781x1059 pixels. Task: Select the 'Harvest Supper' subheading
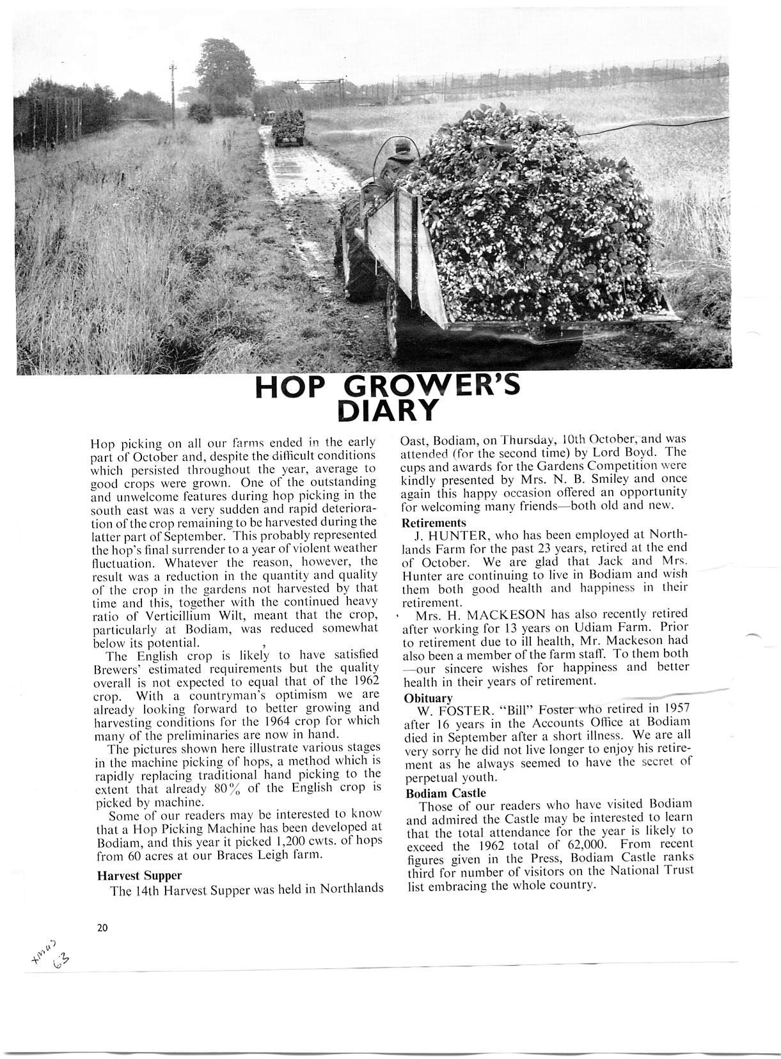(x=139, y=875)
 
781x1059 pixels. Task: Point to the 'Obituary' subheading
(x=428, y=697)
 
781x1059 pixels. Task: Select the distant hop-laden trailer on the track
(x=289, y=129)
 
